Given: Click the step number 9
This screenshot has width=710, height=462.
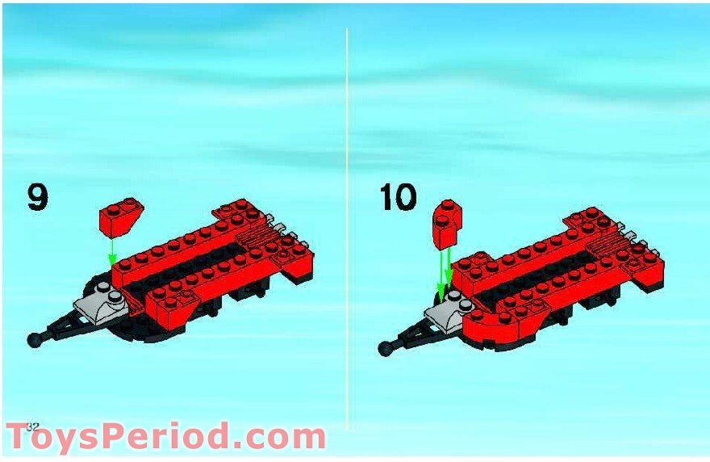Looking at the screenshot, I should (37, 197).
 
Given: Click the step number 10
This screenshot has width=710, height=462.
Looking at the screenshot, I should (399, 197).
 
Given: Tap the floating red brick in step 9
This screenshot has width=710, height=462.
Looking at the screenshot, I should (119, 216).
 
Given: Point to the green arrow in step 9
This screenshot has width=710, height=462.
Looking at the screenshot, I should (112, 249).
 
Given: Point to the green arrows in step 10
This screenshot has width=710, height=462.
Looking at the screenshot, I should (445, 271).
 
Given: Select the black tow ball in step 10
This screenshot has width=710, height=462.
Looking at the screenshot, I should (384, 348).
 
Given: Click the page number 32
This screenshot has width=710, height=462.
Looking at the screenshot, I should (32, 426).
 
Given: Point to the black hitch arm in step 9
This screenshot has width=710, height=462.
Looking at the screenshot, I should (69, 327).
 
